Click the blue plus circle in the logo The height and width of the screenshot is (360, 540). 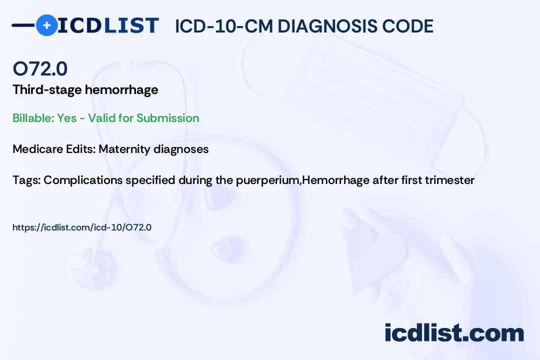coord(46,25)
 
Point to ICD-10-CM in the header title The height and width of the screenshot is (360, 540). coord(224,26)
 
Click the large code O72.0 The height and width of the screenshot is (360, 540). coord(40,68)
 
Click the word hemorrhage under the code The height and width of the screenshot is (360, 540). coord(121,90)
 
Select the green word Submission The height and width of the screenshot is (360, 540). coord(167,118)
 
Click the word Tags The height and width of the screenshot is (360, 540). coord(26,180)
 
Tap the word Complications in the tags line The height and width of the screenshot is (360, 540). coord(83,180)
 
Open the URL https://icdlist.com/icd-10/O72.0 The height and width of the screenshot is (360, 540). coord(82,227)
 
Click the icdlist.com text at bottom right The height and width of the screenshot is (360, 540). coord(454,333)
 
